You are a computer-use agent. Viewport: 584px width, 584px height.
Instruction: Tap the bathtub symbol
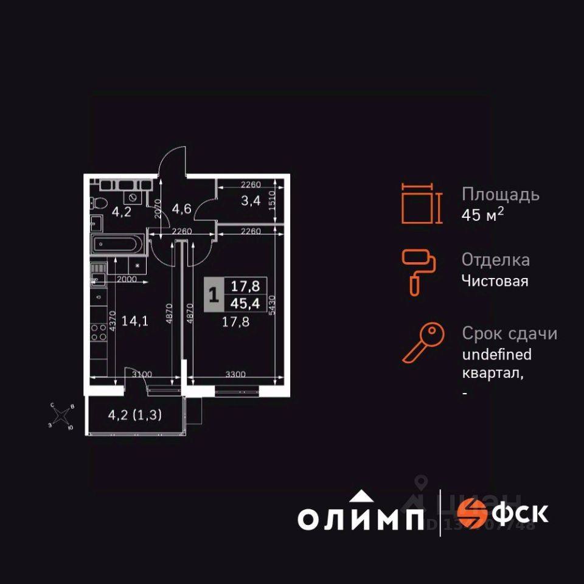(116, 245)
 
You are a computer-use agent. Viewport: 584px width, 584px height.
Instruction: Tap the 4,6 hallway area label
(182, 209)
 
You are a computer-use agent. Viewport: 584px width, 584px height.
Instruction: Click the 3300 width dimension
(235, 374)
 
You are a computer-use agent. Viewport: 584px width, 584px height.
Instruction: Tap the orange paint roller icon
(418, 272)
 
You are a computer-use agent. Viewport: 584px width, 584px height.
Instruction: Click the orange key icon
(419, 343)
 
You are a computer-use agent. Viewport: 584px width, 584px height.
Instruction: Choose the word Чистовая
(495, 281)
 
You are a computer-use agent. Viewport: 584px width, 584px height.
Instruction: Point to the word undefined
(496, 354)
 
